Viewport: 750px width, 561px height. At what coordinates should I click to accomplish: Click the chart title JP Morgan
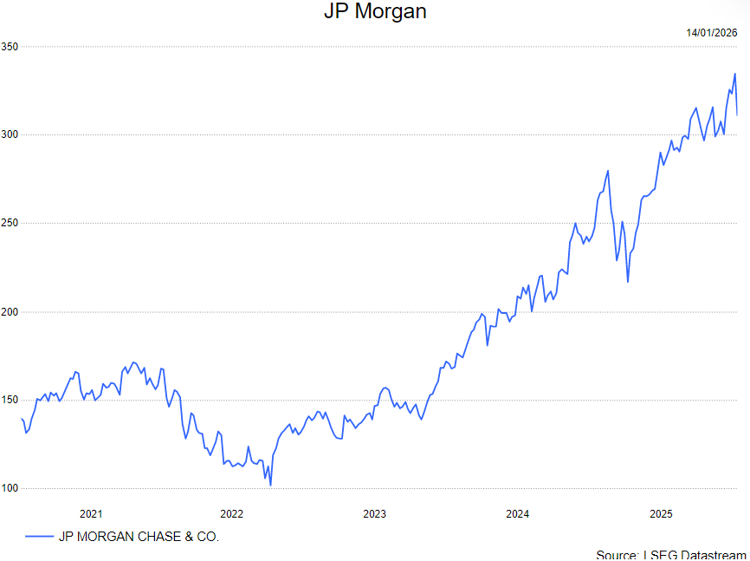[375, 12]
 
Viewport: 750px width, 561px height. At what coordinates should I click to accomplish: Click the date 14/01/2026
[711, 33]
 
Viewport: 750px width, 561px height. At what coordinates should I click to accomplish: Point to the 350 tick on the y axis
[10, 46]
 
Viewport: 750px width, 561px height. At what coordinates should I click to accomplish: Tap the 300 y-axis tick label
[10, 134]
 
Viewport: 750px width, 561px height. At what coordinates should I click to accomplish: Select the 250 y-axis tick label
[10, 223]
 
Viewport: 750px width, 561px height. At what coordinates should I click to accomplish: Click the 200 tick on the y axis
[10, 311]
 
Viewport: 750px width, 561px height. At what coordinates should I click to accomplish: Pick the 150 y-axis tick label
[10, 400]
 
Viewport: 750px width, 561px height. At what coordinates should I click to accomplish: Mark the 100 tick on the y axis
[10, 488]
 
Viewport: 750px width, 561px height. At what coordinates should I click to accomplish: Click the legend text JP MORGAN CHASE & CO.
[139, 537]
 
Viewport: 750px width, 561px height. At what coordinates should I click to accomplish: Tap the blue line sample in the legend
[39, 537]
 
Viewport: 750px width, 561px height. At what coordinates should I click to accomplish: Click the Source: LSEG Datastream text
[670, 554]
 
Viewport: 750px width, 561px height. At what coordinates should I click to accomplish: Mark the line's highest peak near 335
[734, 74]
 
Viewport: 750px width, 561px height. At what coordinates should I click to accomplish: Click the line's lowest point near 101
[270, 486]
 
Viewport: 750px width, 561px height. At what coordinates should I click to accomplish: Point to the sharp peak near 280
[608, 171]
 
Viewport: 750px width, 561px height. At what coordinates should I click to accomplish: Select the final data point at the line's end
[737, 114]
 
